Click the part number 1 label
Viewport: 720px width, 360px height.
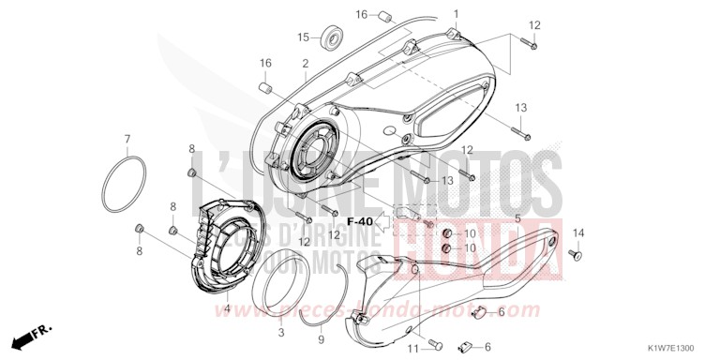(457, 14)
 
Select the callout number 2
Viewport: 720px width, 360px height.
(306, 63)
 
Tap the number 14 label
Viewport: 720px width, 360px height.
(578, 232)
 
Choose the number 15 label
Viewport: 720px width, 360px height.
(304, 37)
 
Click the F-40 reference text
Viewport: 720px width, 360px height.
(359, 221)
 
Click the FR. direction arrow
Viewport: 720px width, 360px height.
(30, 335)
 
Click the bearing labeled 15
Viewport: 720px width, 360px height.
(330, 38)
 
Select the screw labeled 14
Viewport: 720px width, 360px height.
(575, 253)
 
